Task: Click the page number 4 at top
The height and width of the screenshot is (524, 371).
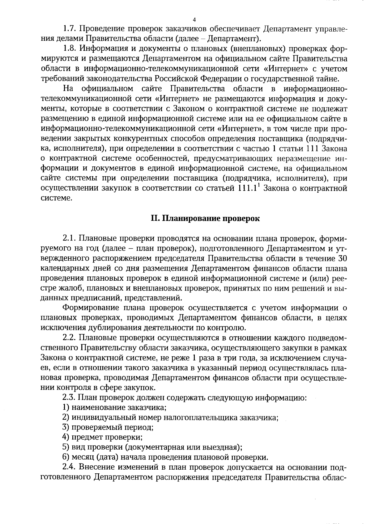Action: pyautogui.click(x=194, y=20)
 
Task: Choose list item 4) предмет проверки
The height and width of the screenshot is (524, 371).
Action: pyautogui.click(x=102, y=437)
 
